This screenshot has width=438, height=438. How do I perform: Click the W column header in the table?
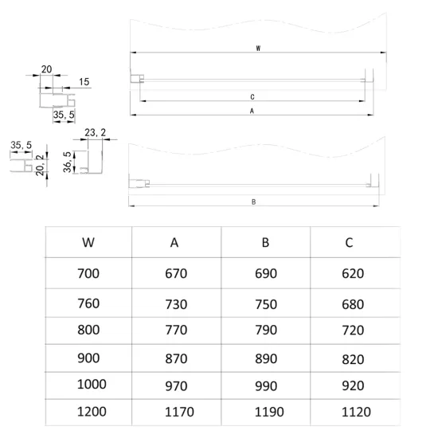[x=88, y=242]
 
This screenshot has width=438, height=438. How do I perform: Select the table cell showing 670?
[x=176, y=273]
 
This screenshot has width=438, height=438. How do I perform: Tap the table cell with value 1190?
[x=269, y=412]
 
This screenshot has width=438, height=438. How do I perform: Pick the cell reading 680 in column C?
[x=353, y=304]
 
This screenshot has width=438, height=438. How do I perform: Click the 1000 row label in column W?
[x=92, y=385]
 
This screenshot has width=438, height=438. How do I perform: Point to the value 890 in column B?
[x=266, y=358]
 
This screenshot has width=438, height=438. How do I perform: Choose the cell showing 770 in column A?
[x=176, y=330]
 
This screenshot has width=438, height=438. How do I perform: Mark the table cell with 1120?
[x=356, y=412]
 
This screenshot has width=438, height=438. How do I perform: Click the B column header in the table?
[x=265, y=242]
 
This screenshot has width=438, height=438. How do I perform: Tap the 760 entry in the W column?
[x=88, y=303]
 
